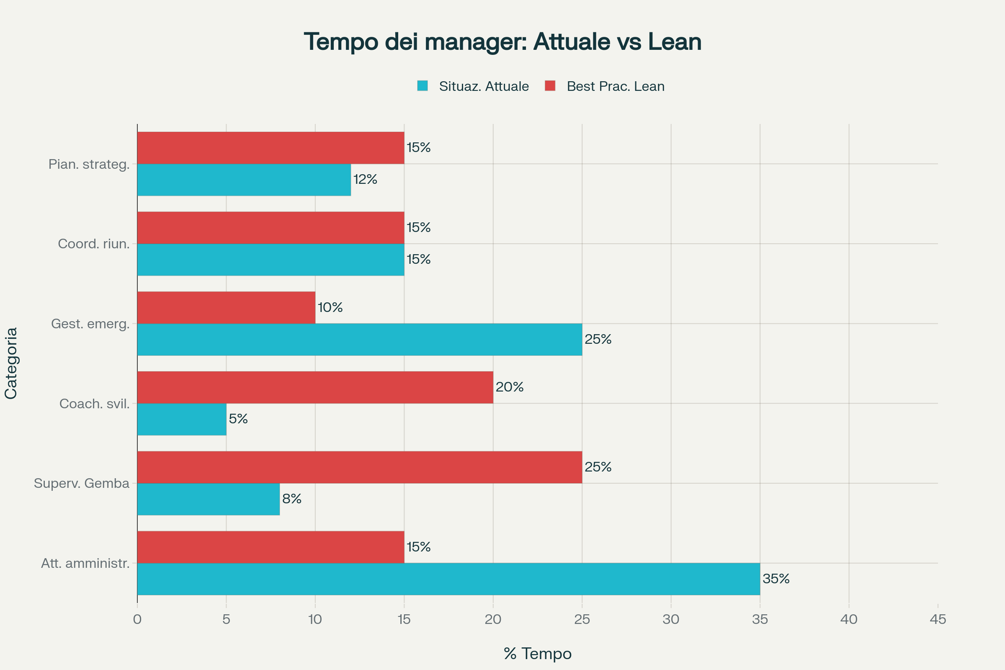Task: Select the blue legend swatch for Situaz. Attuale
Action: coord(422,86)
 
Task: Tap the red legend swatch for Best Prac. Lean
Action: coord(550,86)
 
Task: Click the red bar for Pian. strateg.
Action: coord(271,148)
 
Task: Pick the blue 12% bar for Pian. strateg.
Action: coord(244,180)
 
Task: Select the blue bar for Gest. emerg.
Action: coord(360,339)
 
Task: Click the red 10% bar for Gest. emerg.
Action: coord(227,308)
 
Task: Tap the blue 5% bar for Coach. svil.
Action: coord(182,419)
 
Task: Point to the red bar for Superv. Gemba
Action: coord(360,467)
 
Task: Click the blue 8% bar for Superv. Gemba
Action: coord(209,499)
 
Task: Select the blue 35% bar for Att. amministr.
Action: coord(448,579)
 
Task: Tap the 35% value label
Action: coord(776,579)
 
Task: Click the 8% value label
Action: coord(292,499)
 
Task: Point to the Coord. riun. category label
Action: coord(94,244)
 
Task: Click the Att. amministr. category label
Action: coord(85,563)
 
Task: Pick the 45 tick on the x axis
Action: coord(938,619)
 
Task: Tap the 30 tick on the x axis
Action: coord(671,619)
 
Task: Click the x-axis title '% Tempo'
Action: coord(538,654)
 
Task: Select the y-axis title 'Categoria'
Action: coord(11,363)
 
